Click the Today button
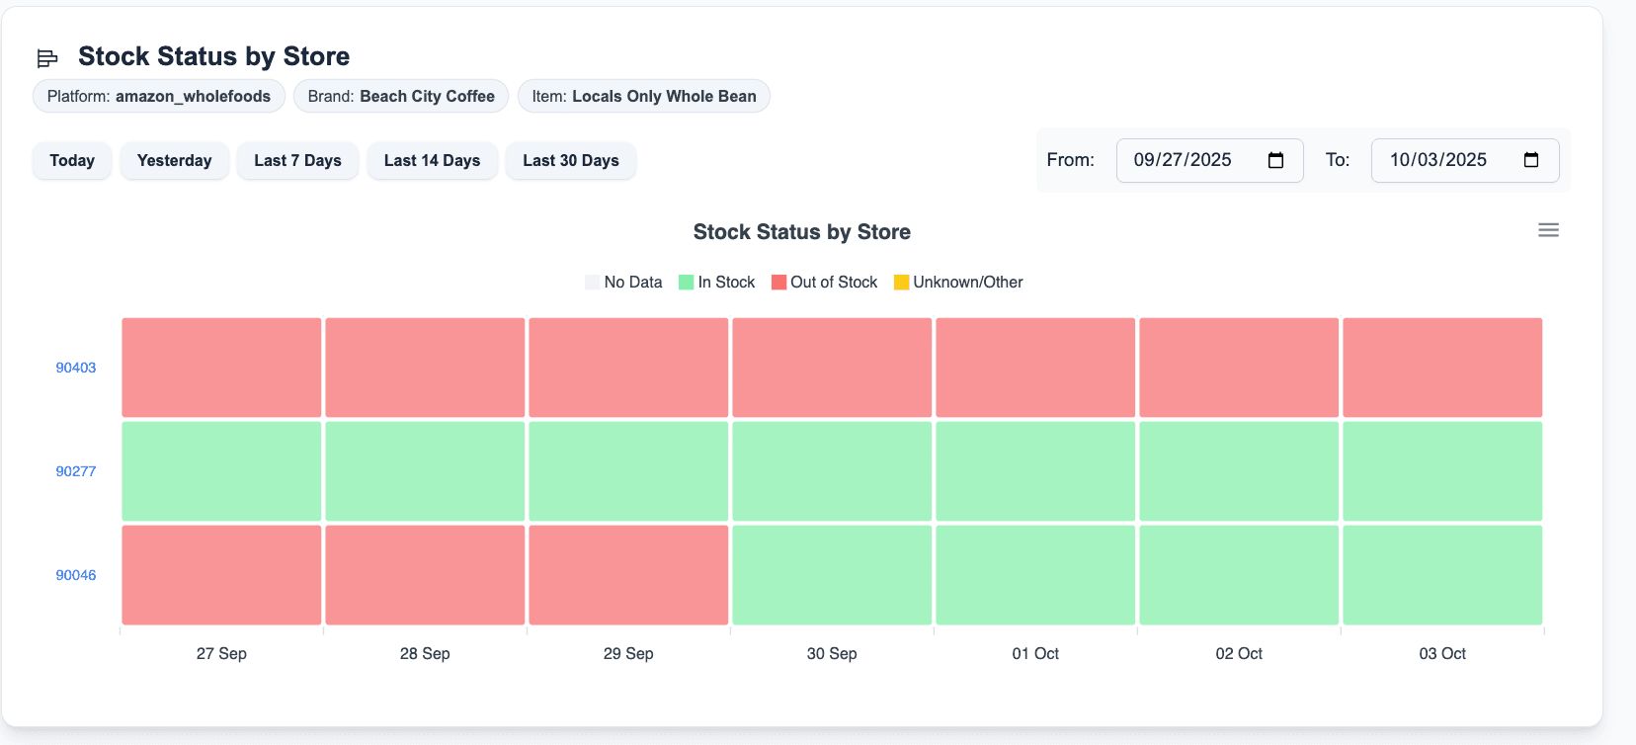click(x=72, y=160)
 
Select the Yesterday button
click(x=174, y=160)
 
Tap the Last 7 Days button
click(x=297, y=160)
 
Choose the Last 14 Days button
click(x=432, y=160)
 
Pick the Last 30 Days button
click(x=571, y=160)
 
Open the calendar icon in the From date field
click(x=1275, y=160)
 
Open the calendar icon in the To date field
click(x=1531, y=160)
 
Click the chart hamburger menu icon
click(x=1548, y=230)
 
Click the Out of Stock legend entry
click(x=825, y=283)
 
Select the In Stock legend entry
click(x=717, y=283)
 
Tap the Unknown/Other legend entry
click(x=958, y=283)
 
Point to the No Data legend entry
click(x=623, y=283)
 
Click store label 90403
click(x=76, y=368)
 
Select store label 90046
click(x=76, y=575)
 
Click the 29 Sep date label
click(x=628, y=653)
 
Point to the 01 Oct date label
click(x=1035, y=653)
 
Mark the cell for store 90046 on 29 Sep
click(x=628, y=575)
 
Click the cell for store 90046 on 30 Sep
click(x=832, y=575)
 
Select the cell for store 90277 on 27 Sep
click(x=221, y=471)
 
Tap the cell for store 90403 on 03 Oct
click(x=1442, y=368)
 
